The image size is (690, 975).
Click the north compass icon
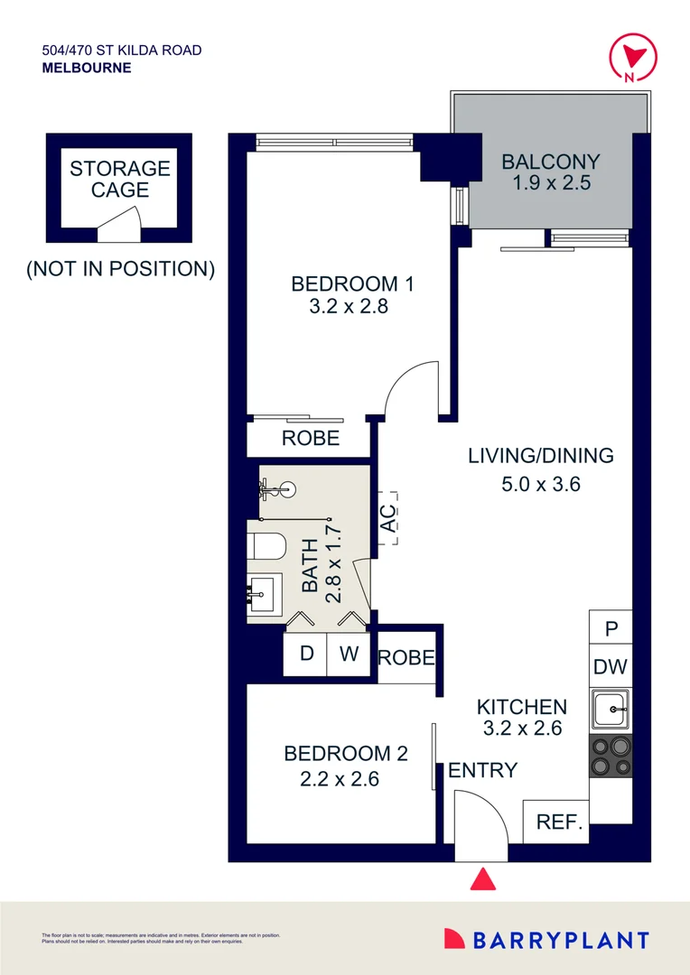pyautogui.click(x=629, y=57)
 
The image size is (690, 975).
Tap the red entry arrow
pyautogui.click(x=483, y=879)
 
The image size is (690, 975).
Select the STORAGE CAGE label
pyautogui.click(x=120, y=179)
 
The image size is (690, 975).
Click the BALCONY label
pyautogui.click(x=550, y=162)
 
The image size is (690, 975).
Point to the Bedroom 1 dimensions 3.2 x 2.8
pyautogui.click(x=349, y=306)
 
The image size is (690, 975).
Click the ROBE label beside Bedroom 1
pyautogui.click(x=310, y=439)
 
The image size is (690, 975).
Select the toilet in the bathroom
pyautogui.click(x=267, y=548)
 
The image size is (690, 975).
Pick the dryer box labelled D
pyautogui.click(x=306, y=653)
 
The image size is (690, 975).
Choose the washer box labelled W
pyautogui.click(x=349, y=653)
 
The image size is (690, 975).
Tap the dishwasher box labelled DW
pyautogui.click(x=611, y=669)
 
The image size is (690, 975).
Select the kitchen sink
pyautogui.click(x=611, y=710)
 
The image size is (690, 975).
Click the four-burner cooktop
pyautogui.click(x=611, y=756)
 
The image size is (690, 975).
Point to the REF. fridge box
pyautogui.click(x=556, y=822)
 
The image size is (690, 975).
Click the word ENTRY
pyautogui.click(x=482, y=770)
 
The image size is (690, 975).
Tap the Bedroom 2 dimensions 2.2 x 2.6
pyautogui.click(x=339, y=777)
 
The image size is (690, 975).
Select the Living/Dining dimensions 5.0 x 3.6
pyautogui.click(x=540, y=484)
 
